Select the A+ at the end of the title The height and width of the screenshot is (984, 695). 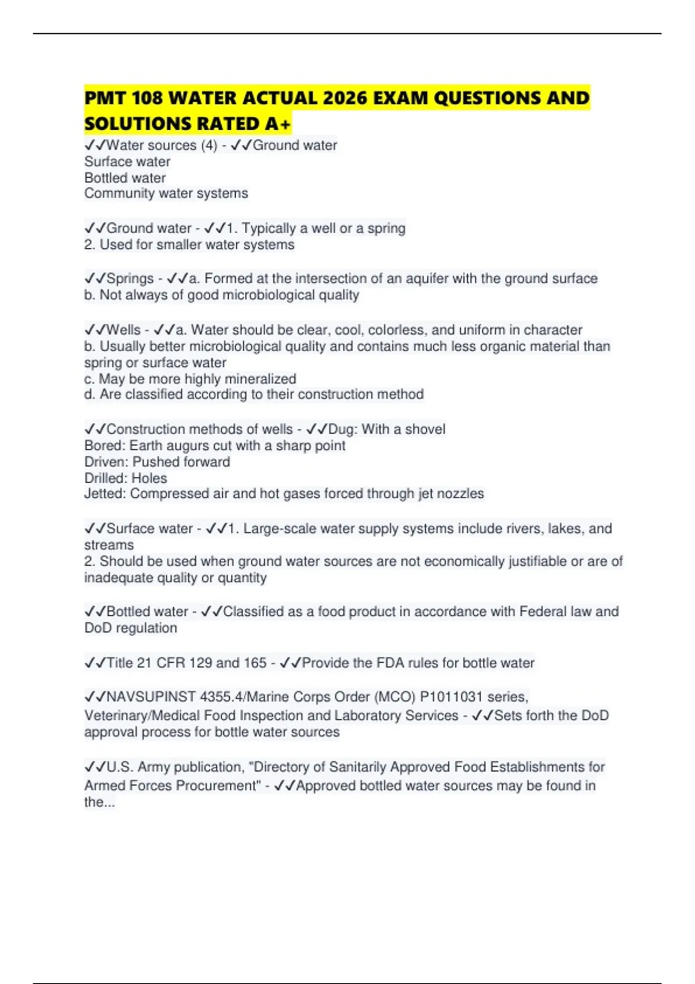279,123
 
